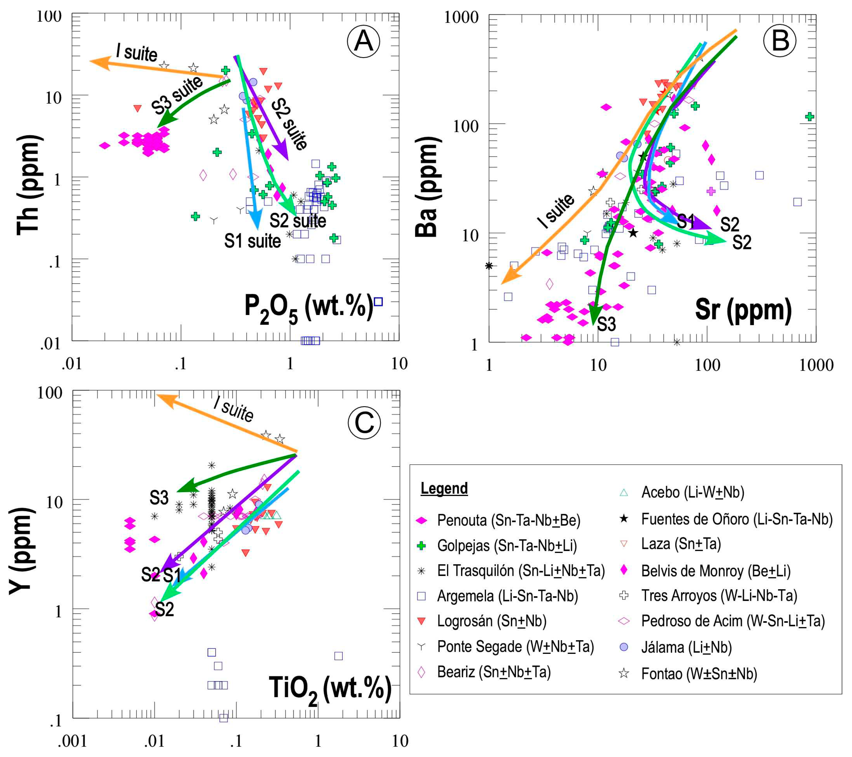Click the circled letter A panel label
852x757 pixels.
click(363, 41)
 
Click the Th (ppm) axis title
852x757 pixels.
click(29, 185)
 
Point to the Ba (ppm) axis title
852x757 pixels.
click(427, 186)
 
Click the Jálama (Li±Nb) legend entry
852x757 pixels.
click(686, 647)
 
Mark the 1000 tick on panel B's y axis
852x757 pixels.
click(461, 17)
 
